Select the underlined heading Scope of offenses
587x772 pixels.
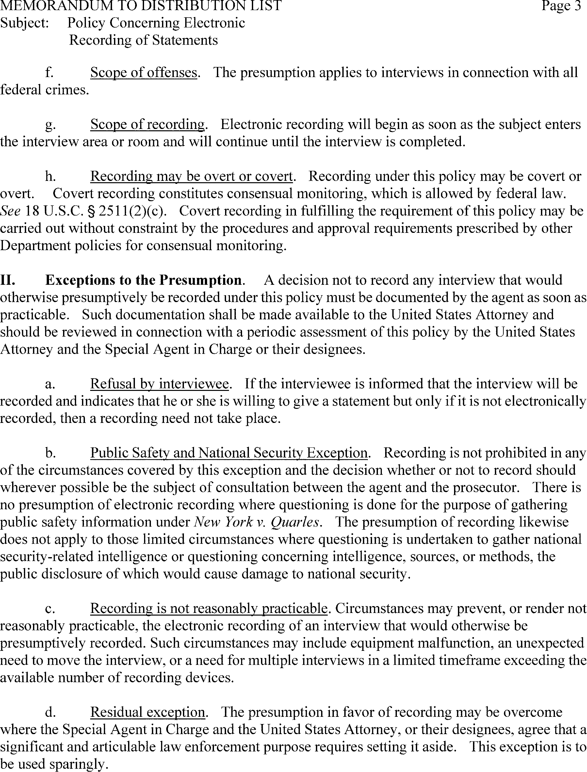click(143, 72)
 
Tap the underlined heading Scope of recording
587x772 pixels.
click(147, 124)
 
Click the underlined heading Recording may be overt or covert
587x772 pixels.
click(191, 176)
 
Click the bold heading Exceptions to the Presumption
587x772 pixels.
click(143, 280)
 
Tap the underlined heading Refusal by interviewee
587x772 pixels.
click(159, 384)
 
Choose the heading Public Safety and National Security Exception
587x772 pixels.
click(229, 453)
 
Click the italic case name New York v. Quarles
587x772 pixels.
click(256, 522)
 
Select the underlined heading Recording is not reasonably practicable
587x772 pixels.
click(209, 608)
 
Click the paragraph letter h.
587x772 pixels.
click(50, 176)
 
